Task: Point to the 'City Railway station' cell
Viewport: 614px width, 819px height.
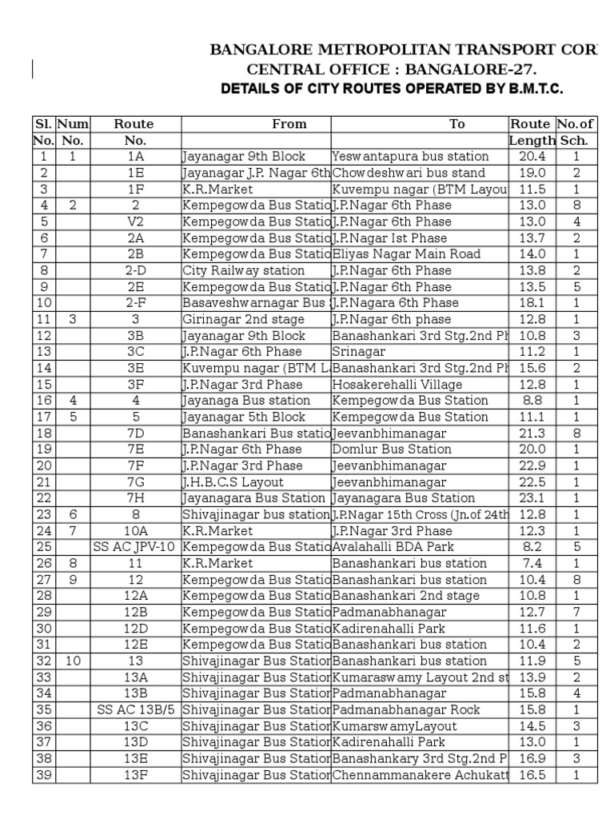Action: tap(233, 270)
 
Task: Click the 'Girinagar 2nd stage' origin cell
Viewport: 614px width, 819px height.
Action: tap(237, 320)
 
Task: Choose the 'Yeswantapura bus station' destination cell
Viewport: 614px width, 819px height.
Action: tap(410, 157)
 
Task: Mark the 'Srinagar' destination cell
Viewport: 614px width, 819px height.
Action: tap(359, 352)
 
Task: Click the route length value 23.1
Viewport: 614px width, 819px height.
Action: tap(532, 498)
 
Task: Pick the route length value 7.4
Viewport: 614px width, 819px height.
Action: tap(532, 563)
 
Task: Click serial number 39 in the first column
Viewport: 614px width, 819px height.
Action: tap(43, 774)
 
